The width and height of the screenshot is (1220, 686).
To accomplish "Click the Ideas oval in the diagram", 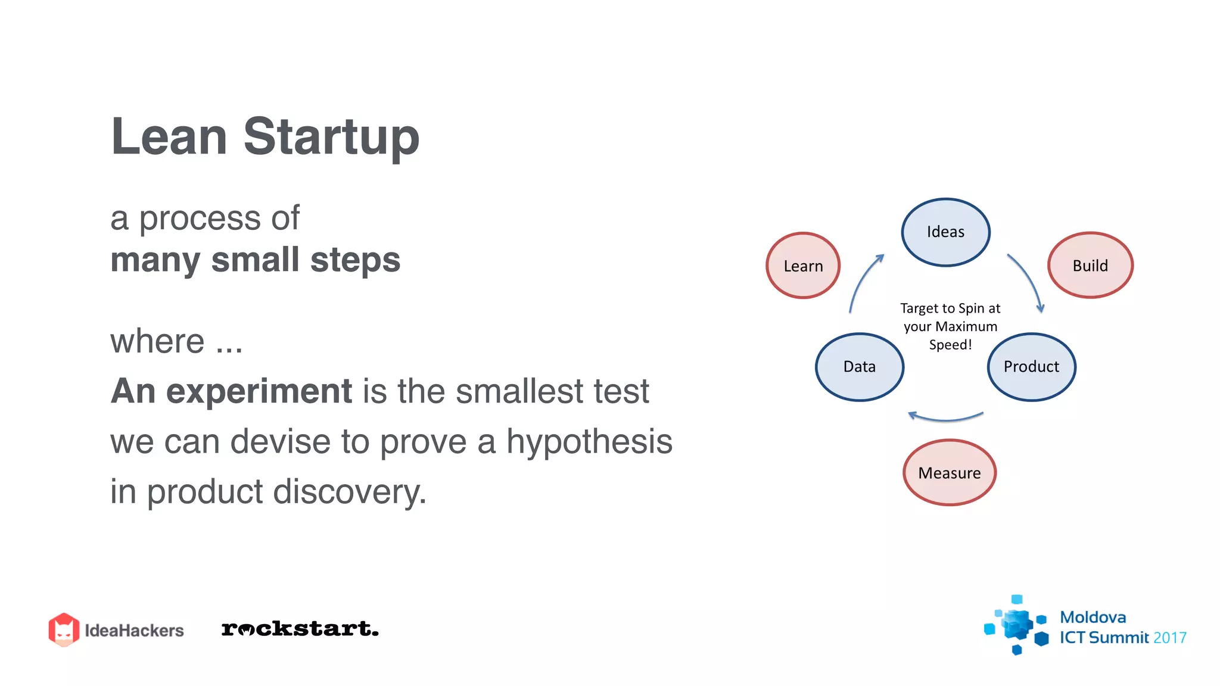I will tap(945, 232).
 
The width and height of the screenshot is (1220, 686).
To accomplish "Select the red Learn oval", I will tap(803, 266).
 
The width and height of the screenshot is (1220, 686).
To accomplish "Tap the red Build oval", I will tap(1090, 265).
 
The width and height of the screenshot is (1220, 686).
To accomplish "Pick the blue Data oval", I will tap(859, 367).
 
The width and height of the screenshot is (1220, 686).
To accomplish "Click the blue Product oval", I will tap(1031, 367).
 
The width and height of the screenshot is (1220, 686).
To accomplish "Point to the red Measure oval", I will tap(949, 473).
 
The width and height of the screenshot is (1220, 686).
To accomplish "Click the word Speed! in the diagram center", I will tap(950, 345).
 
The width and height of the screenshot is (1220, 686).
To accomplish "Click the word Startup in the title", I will tap(331, 138).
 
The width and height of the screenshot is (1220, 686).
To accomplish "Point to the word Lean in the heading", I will tap(169, 137).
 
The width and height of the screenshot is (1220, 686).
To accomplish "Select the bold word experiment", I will tap(259, 391).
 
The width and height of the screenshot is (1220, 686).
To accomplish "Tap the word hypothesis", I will tap(589, 441).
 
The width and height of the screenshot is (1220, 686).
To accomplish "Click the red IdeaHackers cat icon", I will tap(64, 629).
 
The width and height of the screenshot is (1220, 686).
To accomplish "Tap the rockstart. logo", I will tap(300, 629).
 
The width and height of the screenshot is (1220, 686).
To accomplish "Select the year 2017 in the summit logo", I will tap(1169, 638).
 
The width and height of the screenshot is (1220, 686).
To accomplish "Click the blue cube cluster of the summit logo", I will tap(1016, 625).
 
